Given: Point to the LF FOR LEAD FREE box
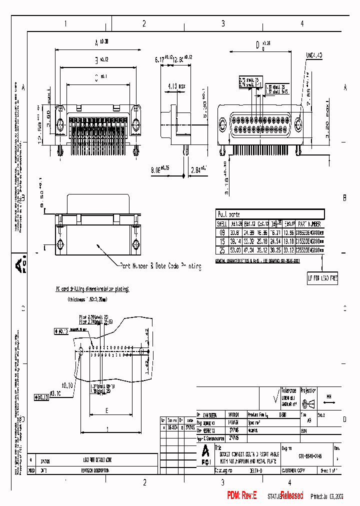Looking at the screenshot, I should click(x=322, y=278).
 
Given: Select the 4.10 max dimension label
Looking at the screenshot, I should click(x=176, y=86).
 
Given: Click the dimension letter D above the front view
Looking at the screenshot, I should click(x=257, y=45).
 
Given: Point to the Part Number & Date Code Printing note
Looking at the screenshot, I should click(x=160, y=266).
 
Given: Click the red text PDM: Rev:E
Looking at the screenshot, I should click(x=241, y=495).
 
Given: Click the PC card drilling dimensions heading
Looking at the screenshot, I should click(x=92, y=289).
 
